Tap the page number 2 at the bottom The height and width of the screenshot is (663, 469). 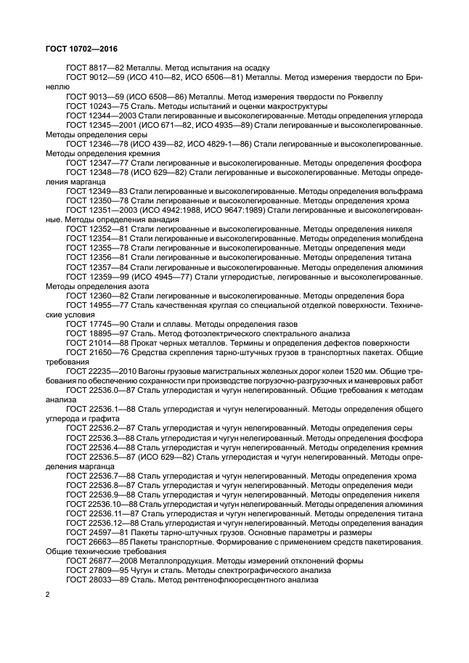point(48,595)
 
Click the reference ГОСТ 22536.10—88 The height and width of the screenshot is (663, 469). point(102,503)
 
